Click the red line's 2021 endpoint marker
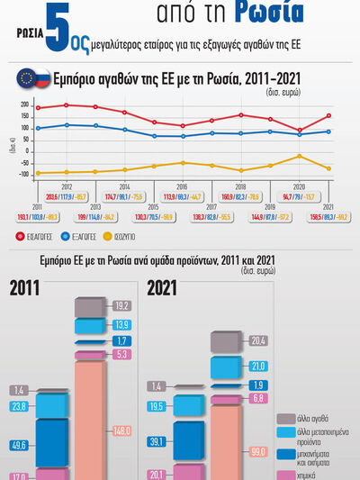coord(329,115)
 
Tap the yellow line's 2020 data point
coord(300,156)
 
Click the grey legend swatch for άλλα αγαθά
coord(281,418)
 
